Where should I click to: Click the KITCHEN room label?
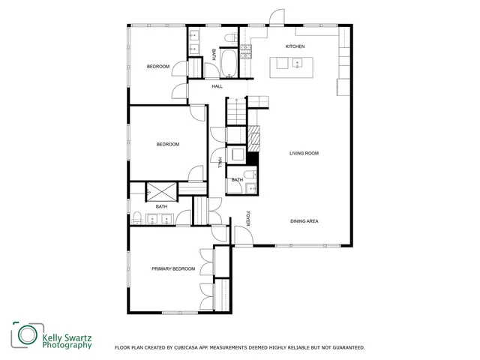tap(295, 46)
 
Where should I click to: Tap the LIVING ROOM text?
tap(304, 153)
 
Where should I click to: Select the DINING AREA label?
tap(304, 221)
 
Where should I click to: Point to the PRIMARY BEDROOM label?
tap(173, 268)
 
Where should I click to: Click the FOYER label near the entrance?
tap(248, 219)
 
